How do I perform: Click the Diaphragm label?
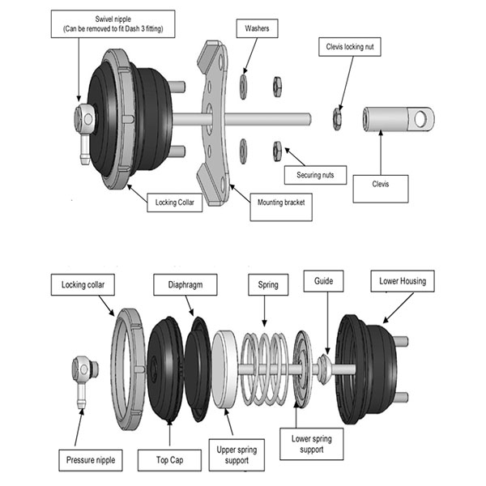coord(178,284)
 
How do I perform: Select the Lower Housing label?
coord(403,281)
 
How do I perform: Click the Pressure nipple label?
coord(91,462)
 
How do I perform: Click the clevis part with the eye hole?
coord(398,120)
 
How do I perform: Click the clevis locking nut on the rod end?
coord(336,119)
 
